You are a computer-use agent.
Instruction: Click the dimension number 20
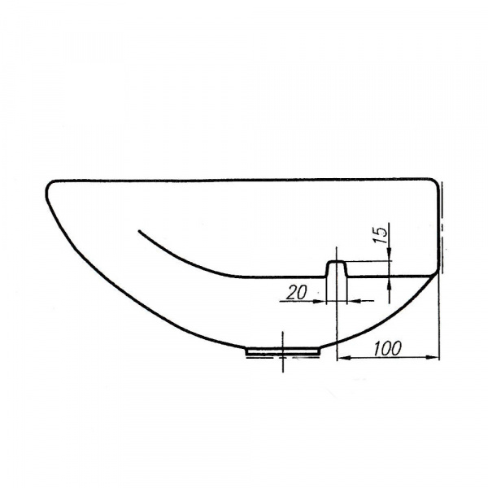(296, 293)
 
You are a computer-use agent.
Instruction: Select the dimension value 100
(387, 348)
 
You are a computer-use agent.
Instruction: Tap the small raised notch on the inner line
(337, 268)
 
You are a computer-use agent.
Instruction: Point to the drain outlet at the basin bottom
(283, 351)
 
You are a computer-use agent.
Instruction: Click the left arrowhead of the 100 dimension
(342, 359)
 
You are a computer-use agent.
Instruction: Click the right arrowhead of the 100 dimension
(434, 357)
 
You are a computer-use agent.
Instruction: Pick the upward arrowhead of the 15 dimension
(390, 283)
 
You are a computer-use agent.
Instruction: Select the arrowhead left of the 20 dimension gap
(320, 301)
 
